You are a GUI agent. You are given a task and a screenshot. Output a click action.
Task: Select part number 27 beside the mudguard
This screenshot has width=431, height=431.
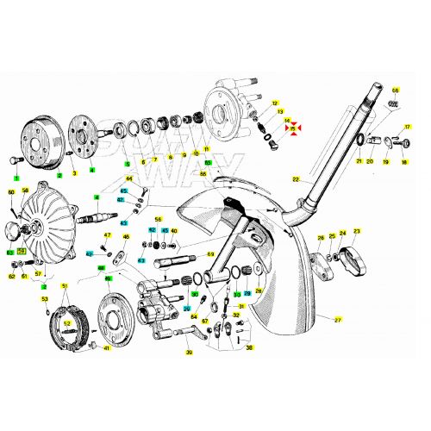338,320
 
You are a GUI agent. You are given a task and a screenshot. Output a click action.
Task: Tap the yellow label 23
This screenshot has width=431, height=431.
357,231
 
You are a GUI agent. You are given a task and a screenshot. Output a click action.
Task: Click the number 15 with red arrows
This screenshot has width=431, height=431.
294,128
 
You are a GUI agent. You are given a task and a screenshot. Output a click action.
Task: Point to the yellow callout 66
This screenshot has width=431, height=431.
396,91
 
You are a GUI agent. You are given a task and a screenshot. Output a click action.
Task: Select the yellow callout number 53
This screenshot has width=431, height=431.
45,299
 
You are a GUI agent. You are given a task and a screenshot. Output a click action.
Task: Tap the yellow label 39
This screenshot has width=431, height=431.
188,353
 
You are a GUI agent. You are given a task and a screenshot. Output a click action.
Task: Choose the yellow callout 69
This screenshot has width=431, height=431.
209,254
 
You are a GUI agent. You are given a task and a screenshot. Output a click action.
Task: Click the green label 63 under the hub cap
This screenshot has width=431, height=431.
10,253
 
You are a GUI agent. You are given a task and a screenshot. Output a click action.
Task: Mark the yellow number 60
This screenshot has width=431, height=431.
11,191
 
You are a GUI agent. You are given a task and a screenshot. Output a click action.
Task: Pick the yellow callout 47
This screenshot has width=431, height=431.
108,234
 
